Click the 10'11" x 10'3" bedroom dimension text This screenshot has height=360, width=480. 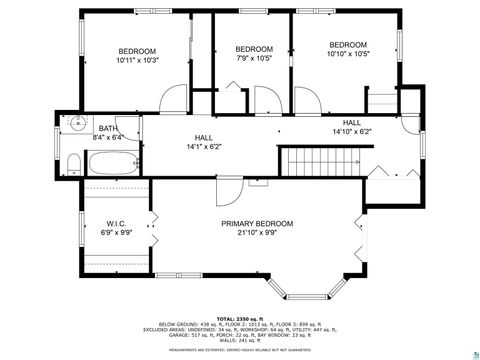138,62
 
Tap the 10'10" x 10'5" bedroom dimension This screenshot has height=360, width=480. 348,55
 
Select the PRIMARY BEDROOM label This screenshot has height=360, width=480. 257,224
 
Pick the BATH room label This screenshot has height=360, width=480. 108,128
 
